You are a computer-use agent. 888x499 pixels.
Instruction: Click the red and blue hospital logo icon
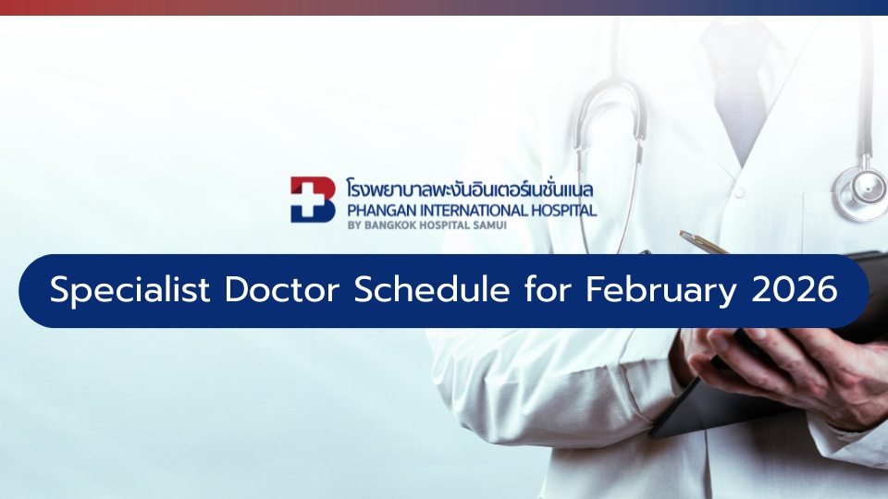pos(313,200)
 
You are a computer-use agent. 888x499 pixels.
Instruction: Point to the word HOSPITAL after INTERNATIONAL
pos(563,210)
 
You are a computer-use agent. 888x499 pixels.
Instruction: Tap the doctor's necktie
pos(736,83)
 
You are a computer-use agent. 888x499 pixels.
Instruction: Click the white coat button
pos(738,192)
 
